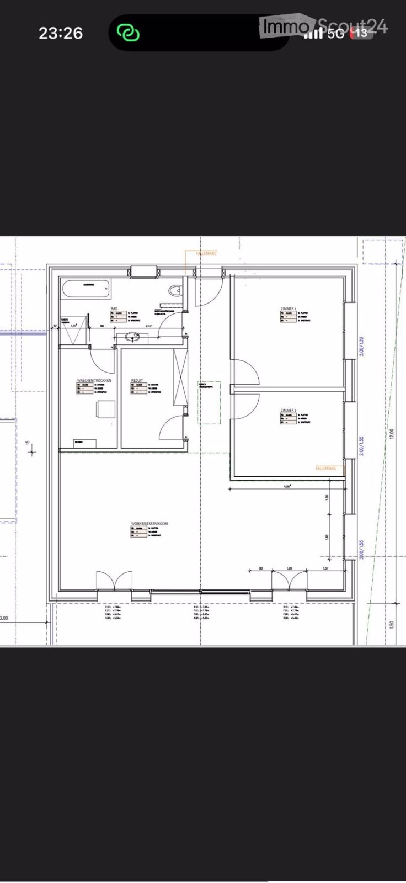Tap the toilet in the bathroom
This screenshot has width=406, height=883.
[x=176, y=291]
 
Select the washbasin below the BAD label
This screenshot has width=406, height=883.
[x=132, y=336]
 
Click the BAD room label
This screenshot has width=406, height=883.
[x=114, y=308]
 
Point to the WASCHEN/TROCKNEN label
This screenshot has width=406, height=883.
[x=94, y=381]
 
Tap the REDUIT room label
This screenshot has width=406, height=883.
[x=137, y=381]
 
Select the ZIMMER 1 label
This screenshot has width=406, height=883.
[x=289, y=308]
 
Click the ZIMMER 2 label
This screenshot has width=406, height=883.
[x=289, y=411]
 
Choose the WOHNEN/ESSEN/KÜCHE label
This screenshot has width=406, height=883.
[x=149, y=523]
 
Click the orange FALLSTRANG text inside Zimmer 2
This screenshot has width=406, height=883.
[x=325, y=467]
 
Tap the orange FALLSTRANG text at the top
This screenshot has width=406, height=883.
[x=207, y=253]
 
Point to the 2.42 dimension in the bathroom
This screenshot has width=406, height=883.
[x=148, y=326]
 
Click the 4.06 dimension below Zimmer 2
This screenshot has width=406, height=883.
[x=287, y=487]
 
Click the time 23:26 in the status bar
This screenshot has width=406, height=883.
[x=61, y=33]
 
